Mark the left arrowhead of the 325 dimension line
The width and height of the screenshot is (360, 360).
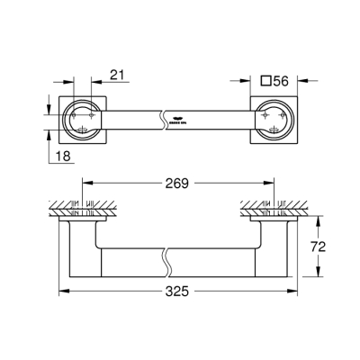63,292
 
